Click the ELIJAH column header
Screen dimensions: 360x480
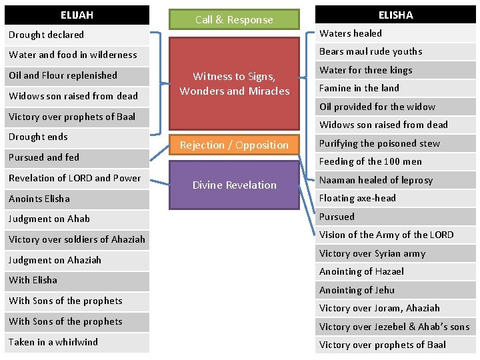pos(77,15)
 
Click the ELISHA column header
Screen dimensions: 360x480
pos(395,15)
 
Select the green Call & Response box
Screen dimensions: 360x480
pos(234,20)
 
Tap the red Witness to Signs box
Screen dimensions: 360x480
pos(234,84)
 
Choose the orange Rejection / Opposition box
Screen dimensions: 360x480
pos(234,145)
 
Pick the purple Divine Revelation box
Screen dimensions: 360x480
pos(234,185)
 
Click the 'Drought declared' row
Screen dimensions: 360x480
pos(77,35)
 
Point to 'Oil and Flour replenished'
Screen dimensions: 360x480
pos(77,75)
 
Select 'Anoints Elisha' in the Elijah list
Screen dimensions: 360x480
pos(77,199)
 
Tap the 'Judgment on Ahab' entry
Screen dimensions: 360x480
pos(77,219)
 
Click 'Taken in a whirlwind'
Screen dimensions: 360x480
pos(77,342)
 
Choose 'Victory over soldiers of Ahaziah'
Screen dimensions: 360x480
pos(77,239)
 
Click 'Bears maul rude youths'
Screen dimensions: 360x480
pos(395,51)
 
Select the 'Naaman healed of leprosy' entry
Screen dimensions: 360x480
pos(395,180)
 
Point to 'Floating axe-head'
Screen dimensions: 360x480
pos(395,198)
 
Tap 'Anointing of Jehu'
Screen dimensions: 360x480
pos(395,290)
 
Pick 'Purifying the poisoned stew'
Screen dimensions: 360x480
pos(395,143)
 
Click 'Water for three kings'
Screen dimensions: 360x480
pos(395,70)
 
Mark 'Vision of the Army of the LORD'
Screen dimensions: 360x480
pos(395,235)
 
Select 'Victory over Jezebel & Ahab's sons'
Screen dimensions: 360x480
pos(395,327)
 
